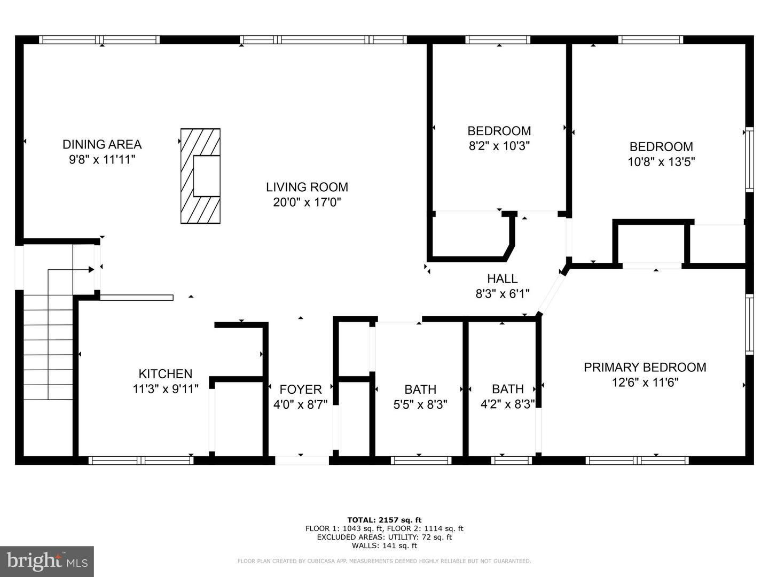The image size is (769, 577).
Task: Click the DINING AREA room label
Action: (102, 144)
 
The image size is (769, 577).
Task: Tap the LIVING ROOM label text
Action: (307, 187)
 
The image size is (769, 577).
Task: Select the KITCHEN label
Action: (166, 374)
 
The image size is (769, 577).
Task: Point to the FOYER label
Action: (300, 389)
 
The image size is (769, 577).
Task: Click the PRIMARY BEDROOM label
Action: (645, 367)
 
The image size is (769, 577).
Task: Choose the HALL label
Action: (502, 278)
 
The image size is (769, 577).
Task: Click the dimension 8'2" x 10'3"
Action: (499, 146)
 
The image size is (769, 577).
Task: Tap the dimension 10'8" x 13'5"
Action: (661, 161)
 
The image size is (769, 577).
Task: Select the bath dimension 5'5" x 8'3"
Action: (420, 404)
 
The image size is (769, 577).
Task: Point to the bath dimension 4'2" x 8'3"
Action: (507, 404)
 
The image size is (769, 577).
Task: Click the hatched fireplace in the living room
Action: (200, 176)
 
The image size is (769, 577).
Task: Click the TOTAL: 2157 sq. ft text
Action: (384, 519)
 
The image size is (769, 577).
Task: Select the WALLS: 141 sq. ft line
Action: (384, 545)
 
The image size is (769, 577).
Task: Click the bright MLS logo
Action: (47, 561)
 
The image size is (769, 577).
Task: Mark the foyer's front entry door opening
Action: (302, 460)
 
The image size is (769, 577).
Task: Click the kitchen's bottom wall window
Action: (141, 460)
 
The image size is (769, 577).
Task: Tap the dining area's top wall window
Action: (99, 40)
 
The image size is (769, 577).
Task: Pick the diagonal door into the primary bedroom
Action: (551, 294)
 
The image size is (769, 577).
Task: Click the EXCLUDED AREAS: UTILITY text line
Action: (384, 537)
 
